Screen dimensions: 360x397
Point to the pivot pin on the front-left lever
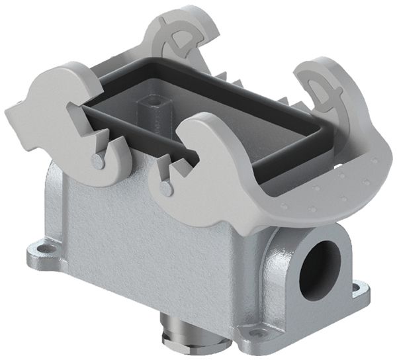(x=99, y=161)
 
